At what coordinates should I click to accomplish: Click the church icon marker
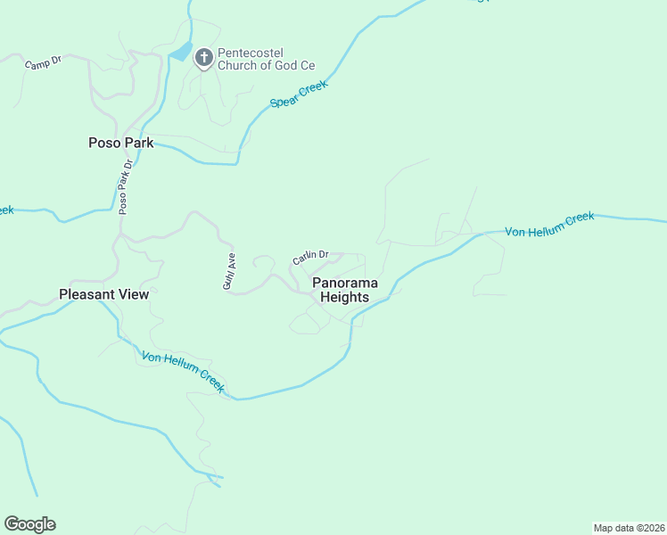(x=203, y=58)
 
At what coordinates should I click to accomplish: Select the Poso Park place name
(x=120, y=143)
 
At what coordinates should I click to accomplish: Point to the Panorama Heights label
(x=345, y=290)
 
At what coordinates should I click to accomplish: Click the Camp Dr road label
(x=42, y=64)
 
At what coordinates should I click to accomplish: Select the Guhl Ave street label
(x=228, y=271)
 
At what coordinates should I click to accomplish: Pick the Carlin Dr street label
(x=310, y=258)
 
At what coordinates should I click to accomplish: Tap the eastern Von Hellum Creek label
(x=549, y=225)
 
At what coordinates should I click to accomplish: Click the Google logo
(x=29, y=524)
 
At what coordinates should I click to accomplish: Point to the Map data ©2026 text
(x=630, y=527)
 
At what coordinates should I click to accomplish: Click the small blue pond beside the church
(x=182, y=52)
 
